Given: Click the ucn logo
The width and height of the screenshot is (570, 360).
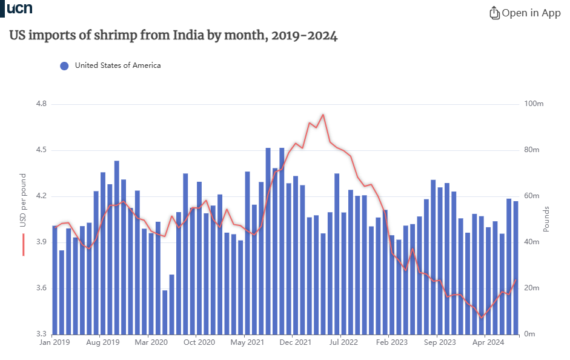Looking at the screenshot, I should pos(19,8).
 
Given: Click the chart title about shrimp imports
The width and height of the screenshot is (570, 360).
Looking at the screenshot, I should pos(173,36).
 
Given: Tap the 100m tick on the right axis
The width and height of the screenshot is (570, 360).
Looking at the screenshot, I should pos(534,104).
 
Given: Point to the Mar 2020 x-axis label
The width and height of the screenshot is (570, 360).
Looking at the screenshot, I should pos(151,342).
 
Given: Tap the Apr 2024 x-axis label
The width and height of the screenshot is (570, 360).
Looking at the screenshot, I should pos(488,342).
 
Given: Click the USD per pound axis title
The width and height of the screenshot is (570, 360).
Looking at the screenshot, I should pos(23,202).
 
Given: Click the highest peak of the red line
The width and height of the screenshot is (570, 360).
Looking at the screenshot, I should pos(323,114).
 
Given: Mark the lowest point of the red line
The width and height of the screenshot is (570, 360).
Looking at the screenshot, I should pos(482,318).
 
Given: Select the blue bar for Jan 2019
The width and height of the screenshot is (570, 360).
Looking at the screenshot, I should pos(55,279).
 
